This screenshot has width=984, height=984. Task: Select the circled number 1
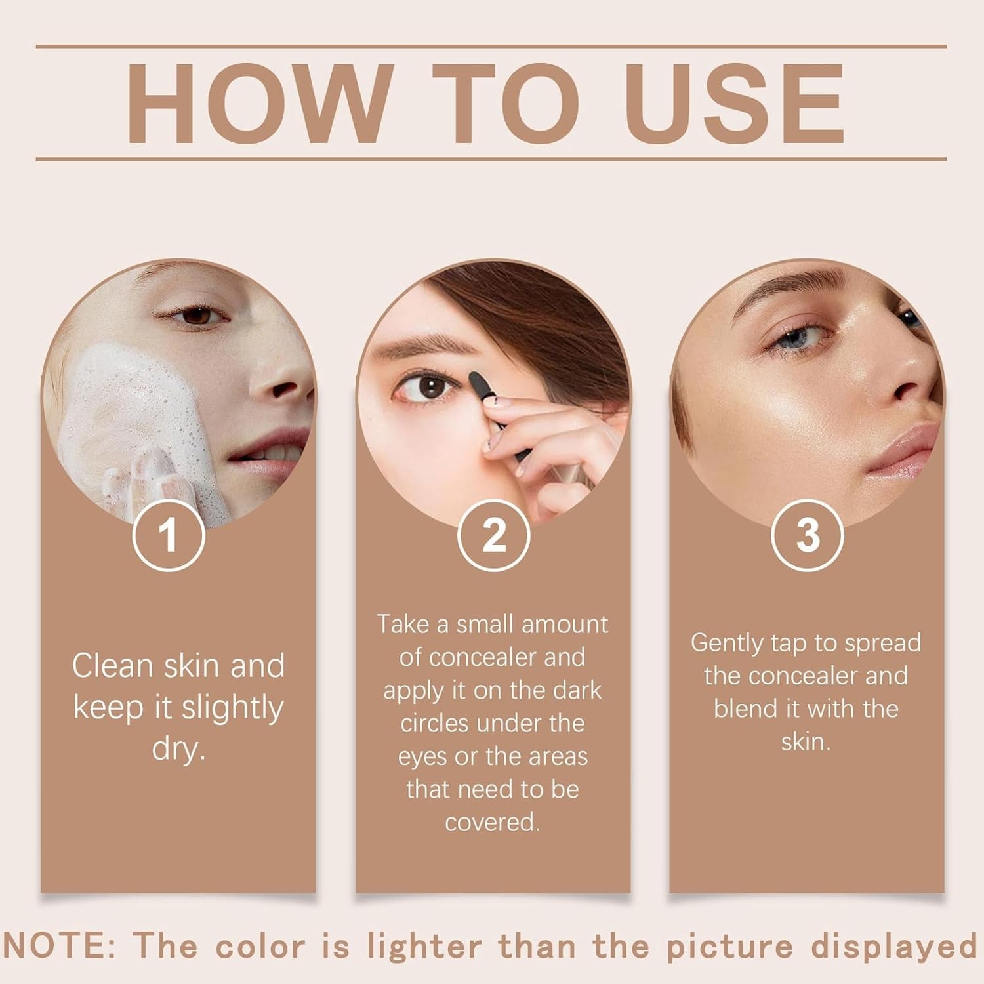[x=169, y=535]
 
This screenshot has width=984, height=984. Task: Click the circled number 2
[x=493, y=535]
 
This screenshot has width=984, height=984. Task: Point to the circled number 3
[x=807, y=535]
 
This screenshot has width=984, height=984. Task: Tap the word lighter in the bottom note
[x=424, y=947]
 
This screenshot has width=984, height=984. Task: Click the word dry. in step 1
[x=178, y=748]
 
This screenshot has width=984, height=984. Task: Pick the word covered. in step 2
[x=492, y=822]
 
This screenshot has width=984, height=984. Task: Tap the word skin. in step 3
[x=806, y=742]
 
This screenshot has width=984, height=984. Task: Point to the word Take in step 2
[x=403, y=624]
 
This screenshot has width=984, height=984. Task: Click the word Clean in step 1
[x=112, y=666]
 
